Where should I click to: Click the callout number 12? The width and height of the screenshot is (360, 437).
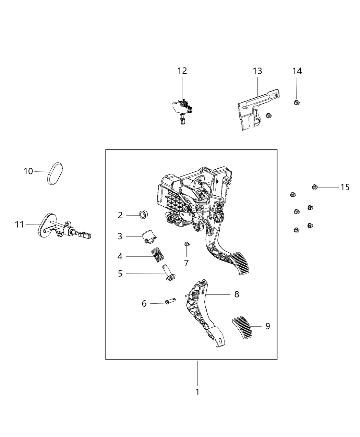click(x=182, y=71)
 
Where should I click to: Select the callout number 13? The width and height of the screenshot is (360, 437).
click(x=257, y=71)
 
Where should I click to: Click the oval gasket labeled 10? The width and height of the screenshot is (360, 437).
click(x=55, y=173)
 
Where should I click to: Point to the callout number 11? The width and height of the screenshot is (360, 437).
click(x=20, y=224)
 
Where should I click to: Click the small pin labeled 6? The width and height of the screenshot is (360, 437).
click(x=169, y=302)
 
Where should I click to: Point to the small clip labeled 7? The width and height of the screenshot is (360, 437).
click(x=186, y=244)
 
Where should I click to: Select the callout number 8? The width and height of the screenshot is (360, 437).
click(x=237, y=294)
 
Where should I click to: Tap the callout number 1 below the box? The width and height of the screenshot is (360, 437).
click(x=197, y=392)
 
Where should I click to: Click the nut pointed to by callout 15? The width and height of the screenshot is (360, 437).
click(x=314, y=187)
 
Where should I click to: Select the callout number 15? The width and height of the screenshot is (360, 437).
click(x=345, y=187)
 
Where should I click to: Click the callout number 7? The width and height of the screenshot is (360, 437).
click(x=186, y=263)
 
